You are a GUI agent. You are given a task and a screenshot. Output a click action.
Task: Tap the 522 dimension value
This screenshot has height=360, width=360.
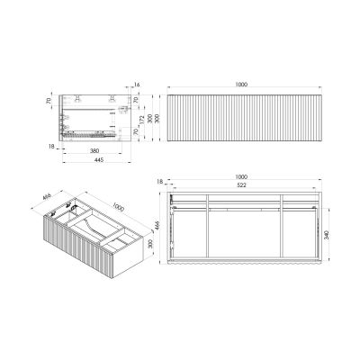(x=242, y=185)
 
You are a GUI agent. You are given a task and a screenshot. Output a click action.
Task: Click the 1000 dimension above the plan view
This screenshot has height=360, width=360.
(x=242, y=175)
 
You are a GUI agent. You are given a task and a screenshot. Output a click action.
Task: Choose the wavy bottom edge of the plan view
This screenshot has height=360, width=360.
(x=243, y=267)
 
